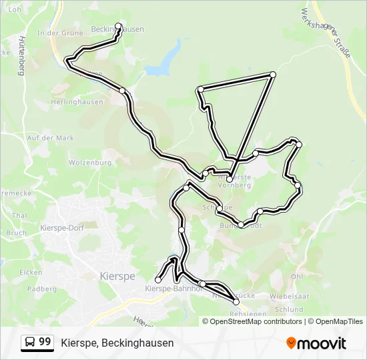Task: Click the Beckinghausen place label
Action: pos(117,29)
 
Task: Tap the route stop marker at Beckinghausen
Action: pos(119,26)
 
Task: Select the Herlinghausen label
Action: pos(77,102)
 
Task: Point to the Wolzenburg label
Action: pos(89,162)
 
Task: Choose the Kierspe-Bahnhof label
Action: pos(173,289)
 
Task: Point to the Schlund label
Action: pos(288,309)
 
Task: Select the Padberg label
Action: pos(42,289)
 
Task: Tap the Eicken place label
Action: pos(31,272)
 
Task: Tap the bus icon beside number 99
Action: pos(30,343)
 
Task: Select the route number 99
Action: pos(45,342)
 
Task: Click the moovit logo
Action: pos(316,343)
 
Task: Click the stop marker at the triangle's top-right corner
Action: pos(272,74)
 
